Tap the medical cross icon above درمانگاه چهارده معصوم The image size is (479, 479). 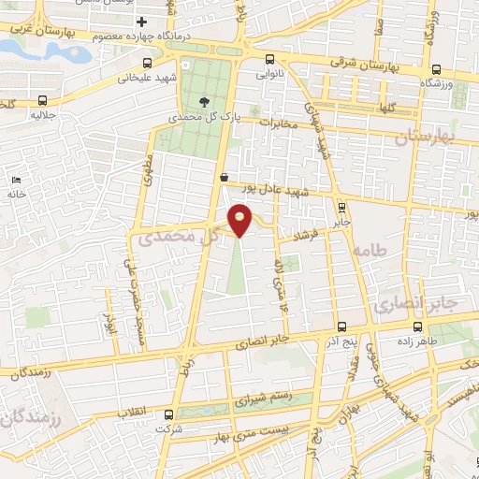[141, 22]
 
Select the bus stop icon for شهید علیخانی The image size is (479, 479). [146, 65]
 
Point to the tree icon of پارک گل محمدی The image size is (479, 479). [205, 102]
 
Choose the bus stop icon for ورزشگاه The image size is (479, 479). [437, 68]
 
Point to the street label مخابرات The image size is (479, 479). [278, 123]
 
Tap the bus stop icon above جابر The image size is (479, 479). [341, 208]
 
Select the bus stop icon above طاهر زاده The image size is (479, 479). [418, 327]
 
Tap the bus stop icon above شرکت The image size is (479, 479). [167, 414]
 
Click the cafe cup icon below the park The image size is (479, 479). [223, 177]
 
